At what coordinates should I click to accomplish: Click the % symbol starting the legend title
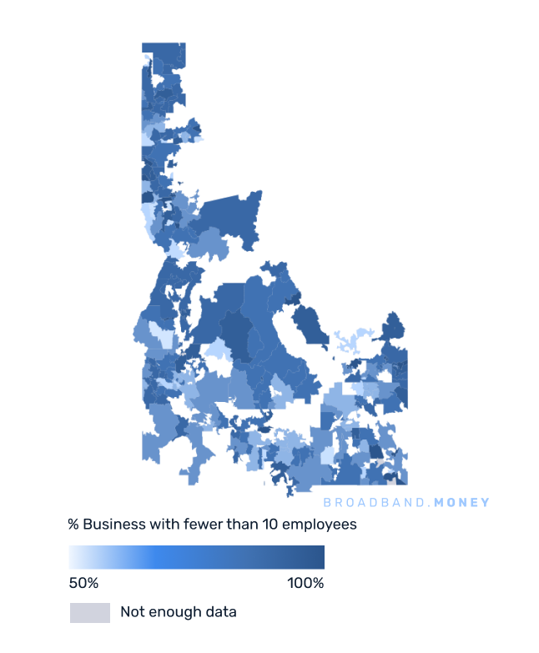pyautogui.click(x=73, y=525)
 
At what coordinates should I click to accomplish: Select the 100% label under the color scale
pyautogui.click(x=305, y=583)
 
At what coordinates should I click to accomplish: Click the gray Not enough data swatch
pyautogui.click(x=89, y=612)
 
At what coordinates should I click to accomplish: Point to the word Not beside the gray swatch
pyautogui.click(x=132, y=612)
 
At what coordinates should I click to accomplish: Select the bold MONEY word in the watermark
pyautogui.click(x=462, y=502)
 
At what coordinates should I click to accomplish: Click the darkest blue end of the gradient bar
pyautogui.click(x=320, y=557)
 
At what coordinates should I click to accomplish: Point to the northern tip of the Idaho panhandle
pyautogui.click(x=164, y=47)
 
